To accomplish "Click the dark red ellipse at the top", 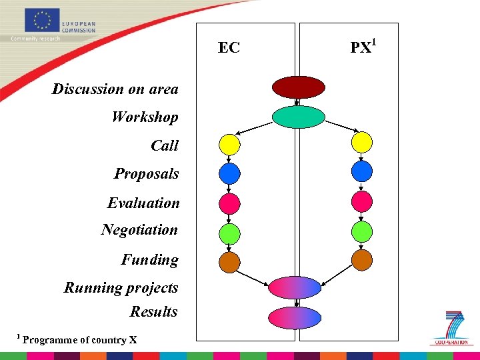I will [298, 87].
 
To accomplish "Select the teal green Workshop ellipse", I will [298, 117].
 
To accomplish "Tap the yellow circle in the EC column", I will [229, 144].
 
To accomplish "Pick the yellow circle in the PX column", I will [361, 143].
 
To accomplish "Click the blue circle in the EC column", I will [229, 173].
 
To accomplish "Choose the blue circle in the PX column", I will [361, 172].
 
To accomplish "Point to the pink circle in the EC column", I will [229, 202].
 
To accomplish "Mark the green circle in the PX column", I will [361, 231].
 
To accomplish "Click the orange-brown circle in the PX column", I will [361, 259].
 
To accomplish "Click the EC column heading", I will [229, 48].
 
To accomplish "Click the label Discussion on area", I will [115, 89].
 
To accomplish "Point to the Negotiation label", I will [139, 230].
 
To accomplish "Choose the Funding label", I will [149, 260].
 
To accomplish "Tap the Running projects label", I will [121, 288].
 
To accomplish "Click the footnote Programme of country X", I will [79, 340].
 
